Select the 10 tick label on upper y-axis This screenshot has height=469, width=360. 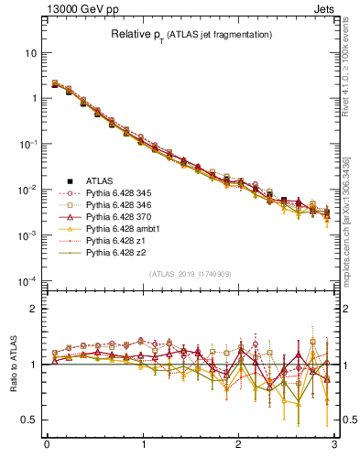pos(30,53)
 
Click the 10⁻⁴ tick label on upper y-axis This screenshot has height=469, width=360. pos(27,280)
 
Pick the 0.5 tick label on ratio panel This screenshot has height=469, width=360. pos(28,420)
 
